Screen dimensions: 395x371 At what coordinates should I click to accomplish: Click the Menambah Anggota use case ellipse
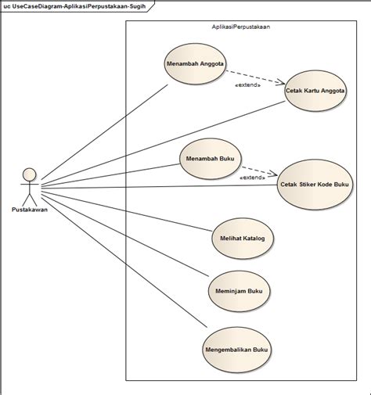pos(195,65)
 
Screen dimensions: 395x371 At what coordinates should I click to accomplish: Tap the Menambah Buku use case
pos(210,159)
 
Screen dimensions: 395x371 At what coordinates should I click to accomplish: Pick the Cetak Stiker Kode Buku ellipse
pos(315,185)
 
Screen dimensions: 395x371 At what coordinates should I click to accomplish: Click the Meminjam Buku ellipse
pos(239,291)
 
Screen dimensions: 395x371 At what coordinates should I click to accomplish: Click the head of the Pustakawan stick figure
pos(29,174)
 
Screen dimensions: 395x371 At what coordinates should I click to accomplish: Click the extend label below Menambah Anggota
pos(248,85)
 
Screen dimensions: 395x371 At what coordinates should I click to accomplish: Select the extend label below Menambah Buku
pos(252,178)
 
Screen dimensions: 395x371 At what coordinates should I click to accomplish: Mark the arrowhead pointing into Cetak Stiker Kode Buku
pos(275,174)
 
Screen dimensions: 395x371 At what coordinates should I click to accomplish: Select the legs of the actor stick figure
pos(29,197)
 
